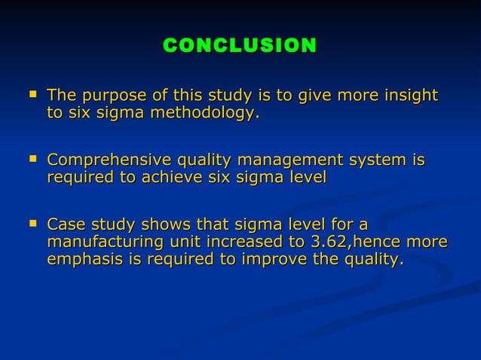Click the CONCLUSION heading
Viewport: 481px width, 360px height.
(240, 46)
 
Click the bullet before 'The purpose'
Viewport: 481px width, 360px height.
(31, 95)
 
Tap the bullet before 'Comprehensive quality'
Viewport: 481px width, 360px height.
(31, 160)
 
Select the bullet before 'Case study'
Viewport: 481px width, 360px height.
(31, 224)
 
